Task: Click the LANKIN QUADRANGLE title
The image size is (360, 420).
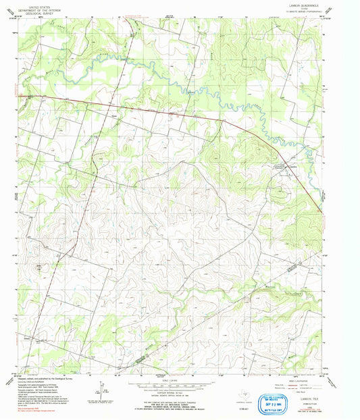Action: tap(296, 4)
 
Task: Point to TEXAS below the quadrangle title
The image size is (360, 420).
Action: tap(296, 7)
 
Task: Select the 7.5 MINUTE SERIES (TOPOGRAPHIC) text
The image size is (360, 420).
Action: tap(296, 11)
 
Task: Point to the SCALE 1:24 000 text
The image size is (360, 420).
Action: tap(172, 382)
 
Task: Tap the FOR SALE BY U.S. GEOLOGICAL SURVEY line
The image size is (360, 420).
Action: tap(172, 405)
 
